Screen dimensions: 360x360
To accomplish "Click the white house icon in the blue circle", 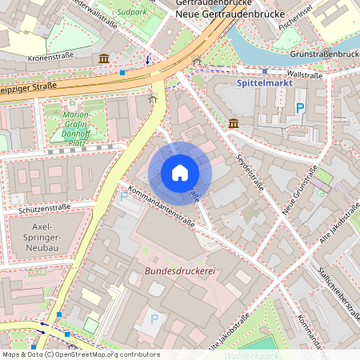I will click(180, 173).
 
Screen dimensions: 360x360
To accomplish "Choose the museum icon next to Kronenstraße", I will click(104, 59).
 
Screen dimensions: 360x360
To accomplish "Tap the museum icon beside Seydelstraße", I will click(233, 123).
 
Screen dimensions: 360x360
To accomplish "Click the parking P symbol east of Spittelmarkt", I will click(301, 107).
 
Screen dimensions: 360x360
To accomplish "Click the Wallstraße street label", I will click(303, 75).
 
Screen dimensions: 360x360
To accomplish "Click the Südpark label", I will click(131, 12).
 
